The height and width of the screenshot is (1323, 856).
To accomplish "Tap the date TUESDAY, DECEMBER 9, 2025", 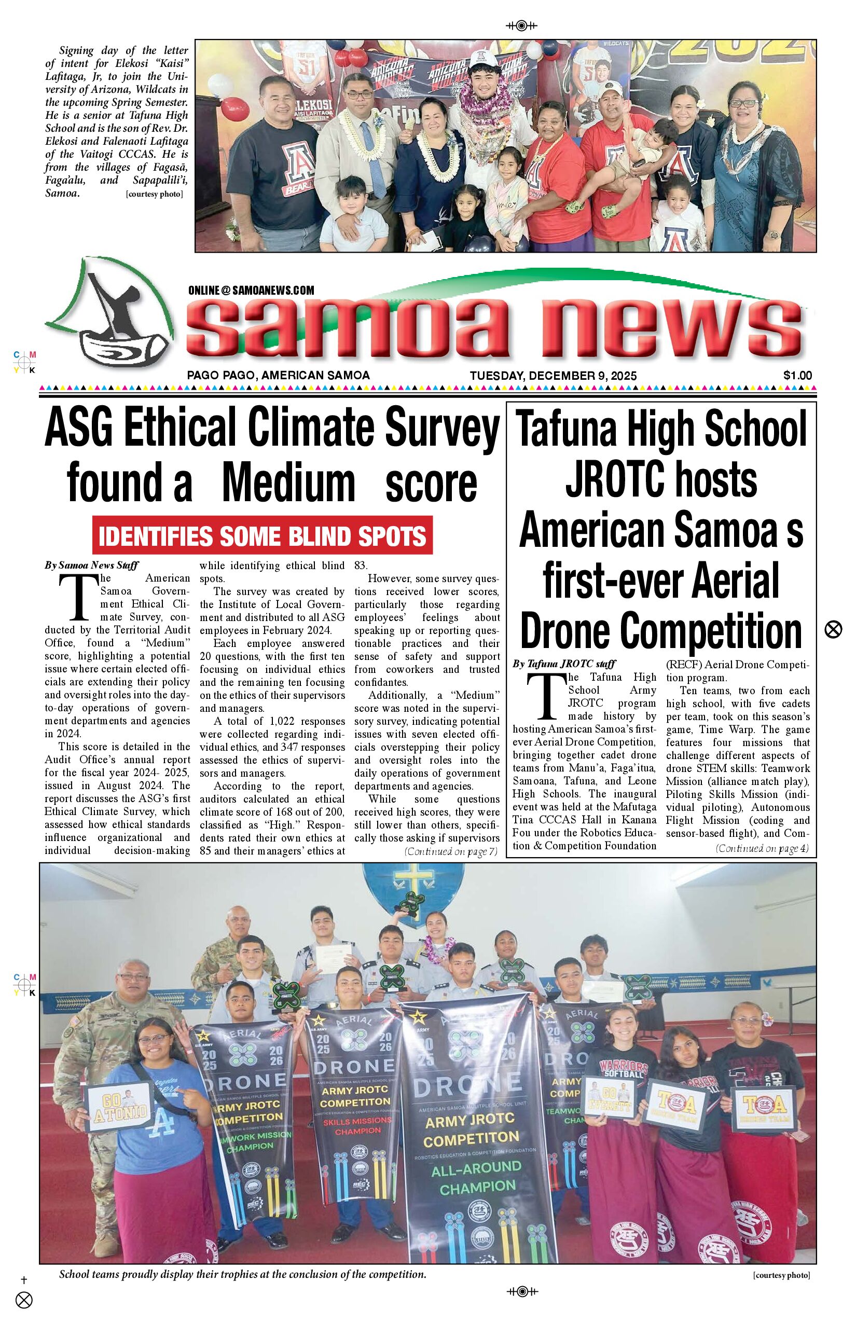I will point(553,376).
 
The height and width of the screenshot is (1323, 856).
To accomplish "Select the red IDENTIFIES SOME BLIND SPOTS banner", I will point(263,536).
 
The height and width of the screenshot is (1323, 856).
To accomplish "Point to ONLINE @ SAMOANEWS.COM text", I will point(251,290).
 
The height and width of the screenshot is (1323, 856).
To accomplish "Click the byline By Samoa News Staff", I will point(92,566).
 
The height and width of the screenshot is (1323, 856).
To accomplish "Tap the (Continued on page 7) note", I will point(451,851).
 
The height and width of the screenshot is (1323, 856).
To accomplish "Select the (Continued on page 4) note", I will point(762,848).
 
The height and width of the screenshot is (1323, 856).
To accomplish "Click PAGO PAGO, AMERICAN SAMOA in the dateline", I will point(278,375).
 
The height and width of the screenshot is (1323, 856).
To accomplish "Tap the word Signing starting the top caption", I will point(76,51).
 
